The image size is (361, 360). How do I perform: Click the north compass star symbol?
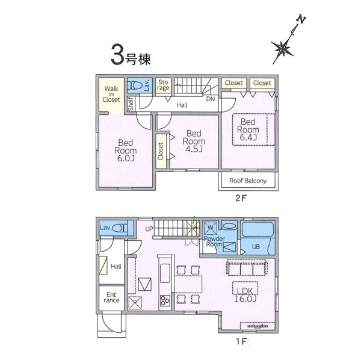click(282, 49)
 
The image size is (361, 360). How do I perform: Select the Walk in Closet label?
click(111, 94)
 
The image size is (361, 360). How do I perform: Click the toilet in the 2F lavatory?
click(135, 85)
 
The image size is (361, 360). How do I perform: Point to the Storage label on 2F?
click(163, 85)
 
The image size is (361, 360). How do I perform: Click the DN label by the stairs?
click(211, 99)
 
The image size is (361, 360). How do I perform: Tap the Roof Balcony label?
click(248, 181)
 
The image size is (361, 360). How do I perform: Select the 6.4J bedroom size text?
click(248, 137)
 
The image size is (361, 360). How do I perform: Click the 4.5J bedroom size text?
click(194, 149)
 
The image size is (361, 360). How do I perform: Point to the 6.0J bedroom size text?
click(126, 158)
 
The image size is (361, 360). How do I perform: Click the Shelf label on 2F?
click(131, 104)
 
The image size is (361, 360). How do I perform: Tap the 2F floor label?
click(241, 198)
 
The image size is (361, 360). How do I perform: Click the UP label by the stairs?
click(149, 229)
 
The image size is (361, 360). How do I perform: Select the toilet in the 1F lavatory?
click(120, 228)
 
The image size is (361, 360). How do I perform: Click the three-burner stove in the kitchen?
click(165, 300)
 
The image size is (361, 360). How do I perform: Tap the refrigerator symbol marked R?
click(135, 303)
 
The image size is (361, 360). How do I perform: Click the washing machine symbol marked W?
click(211, 228)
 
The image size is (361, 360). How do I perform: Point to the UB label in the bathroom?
click(256, 247)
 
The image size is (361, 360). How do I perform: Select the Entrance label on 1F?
click(111, 297)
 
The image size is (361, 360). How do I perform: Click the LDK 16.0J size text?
click(245, 295)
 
